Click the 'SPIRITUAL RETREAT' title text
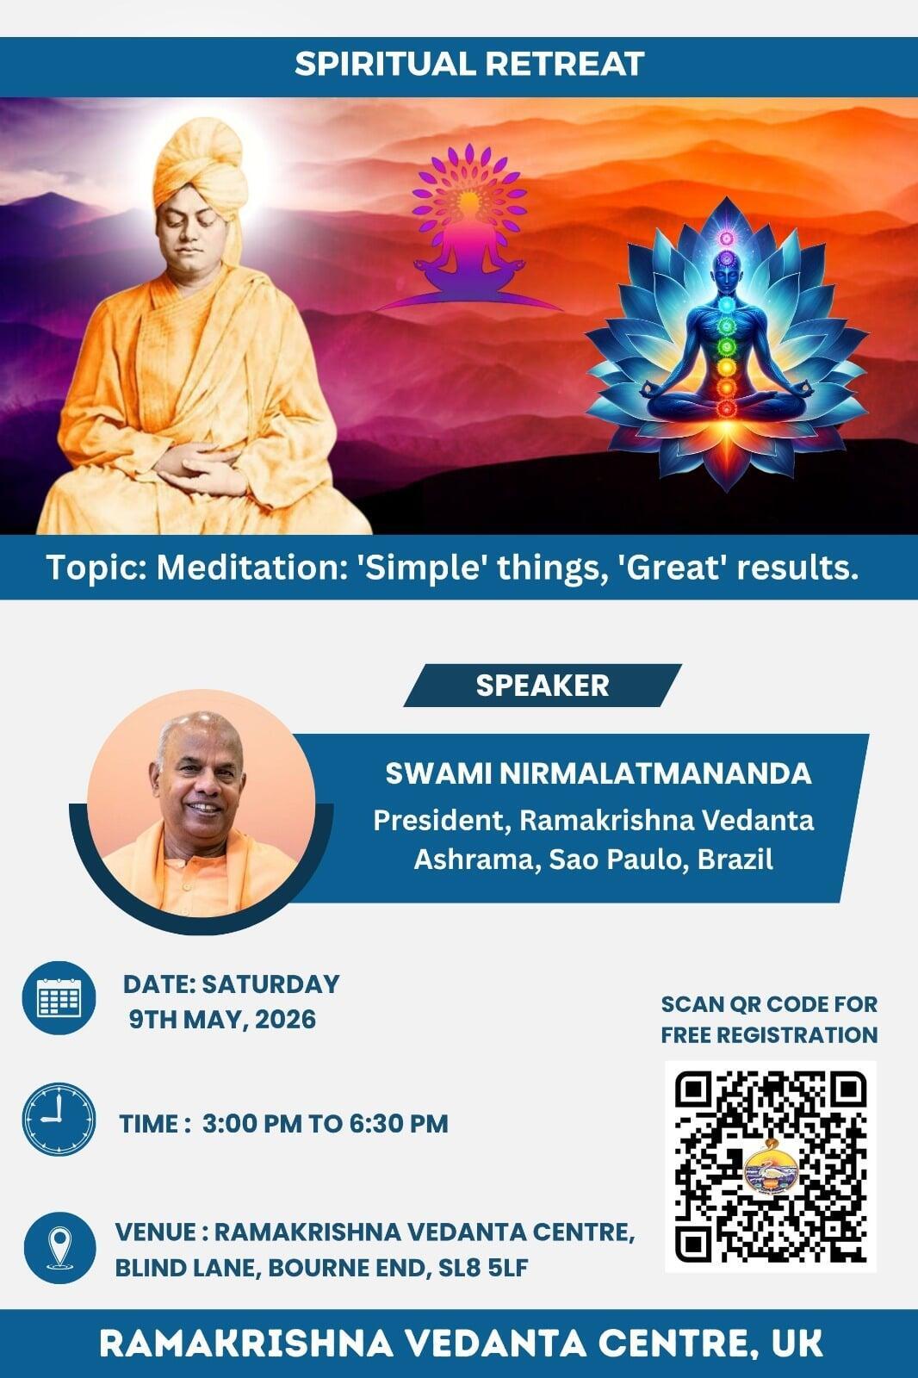468,64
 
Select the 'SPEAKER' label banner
542,686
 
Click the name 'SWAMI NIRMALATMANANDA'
598,774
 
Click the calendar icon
59,998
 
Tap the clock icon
59,1119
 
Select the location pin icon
59,1248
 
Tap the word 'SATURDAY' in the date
270,984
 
